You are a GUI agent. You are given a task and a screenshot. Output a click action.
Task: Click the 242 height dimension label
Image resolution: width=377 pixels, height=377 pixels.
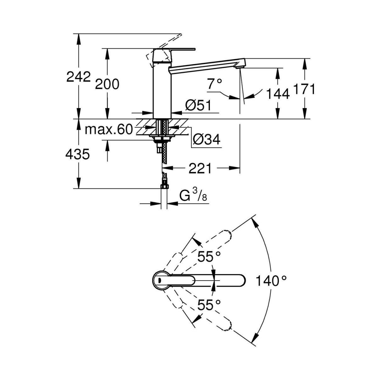point(79,77)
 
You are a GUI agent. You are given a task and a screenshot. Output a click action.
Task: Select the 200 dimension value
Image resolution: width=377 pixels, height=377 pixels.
point(107,84)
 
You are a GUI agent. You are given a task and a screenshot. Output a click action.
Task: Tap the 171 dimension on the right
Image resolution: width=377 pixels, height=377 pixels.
point(304,89)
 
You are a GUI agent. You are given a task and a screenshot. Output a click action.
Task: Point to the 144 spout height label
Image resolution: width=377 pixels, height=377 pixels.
point(277,93)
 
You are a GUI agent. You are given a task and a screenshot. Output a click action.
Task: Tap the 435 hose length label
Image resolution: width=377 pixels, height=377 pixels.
point(78,154)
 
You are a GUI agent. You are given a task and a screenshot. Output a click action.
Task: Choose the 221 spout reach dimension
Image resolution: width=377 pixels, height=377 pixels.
point(200,169)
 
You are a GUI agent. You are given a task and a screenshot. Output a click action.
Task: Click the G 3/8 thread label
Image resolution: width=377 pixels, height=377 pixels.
point(194,196)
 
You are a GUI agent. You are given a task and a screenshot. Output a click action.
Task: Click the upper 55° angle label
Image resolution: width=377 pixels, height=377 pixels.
point(209,257)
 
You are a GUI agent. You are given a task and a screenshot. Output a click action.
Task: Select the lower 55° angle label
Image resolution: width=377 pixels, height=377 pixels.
point(209,304)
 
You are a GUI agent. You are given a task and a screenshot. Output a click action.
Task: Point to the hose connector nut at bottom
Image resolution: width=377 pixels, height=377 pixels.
point(164,187)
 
